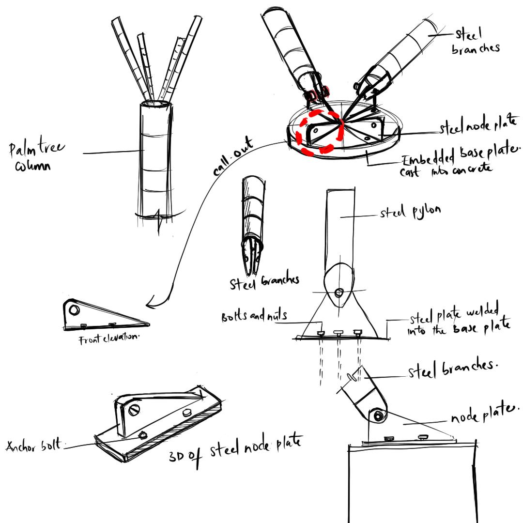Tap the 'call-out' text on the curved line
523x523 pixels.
point(233,156)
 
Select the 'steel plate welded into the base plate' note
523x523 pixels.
point(459,319)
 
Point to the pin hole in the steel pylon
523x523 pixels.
point(338,293)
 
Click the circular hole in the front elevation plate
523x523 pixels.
point(74,310)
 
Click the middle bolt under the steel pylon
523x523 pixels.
point(338,333)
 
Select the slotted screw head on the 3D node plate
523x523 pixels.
point(134,410)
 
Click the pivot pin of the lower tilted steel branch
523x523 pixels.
point(378,416)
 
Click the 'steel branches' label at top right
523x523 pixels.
point(475,41)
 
